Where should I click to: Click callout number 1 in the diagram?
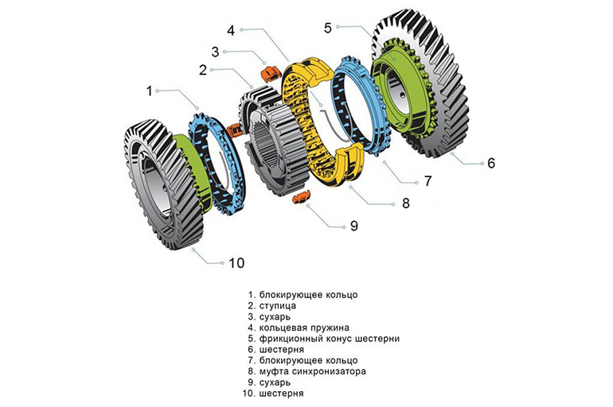click(x=148, y=91)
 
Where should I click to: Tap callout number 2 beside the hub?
click(x=203, y=70)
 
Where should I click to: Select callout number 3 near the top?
click(x=215, y=52)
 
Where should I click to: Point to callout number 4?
click(x=231, y=31)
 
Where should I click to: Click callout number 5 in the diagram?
click(x=327, y=27)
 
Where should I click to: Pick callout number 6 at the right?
click(x=491, y=164)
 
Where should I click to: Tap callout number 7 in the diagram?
click(x=428, y=181)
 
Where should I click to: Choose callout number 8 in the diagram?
click(x=405, y=203)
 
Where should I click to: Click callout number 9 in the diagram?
click(x=353, y=226)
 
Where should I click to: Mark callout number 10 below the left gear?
click(x=236, y=262)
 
